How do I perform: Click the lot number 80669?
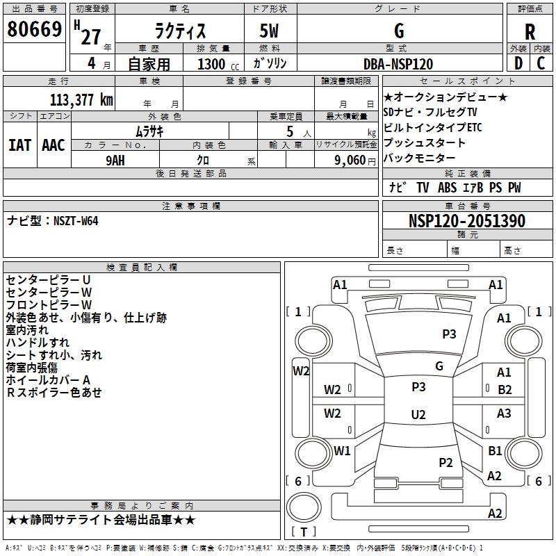tap(34, 29)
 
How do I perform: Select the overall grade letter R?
tap(530, 32)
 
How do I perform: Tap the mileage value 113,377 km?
tap(81, 100)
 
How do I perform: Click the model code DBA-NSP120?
tap(398, 64)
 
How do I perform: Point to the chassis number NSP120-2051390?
tap(467, 221)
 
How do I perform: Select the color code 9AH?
tap(115, 161)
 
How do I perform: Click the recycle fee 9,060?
tap(350, 161)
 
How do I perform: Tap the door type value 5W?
tap(269, 31)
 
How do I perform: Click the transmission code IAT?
tap(20, 145)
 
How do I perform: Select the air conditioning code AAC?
tap(54, 145)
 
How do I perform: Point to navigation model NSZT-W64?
tap(76, 221)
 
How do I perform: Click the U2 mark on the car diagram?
tap(418, 414)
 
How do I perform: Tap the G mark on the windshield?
tap(439, 366)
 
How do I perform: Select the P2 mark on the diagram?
tap(445, 463)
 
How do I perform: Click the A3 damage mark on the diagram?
tap(504, 414)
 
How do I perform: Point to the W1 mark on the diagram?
tap(342, 451)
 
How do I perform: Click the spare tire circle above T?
tap(304, 507)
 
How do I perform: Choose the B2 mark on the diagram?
tap(505, 390)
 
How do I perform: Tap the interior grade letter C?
tap(541, 63)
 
